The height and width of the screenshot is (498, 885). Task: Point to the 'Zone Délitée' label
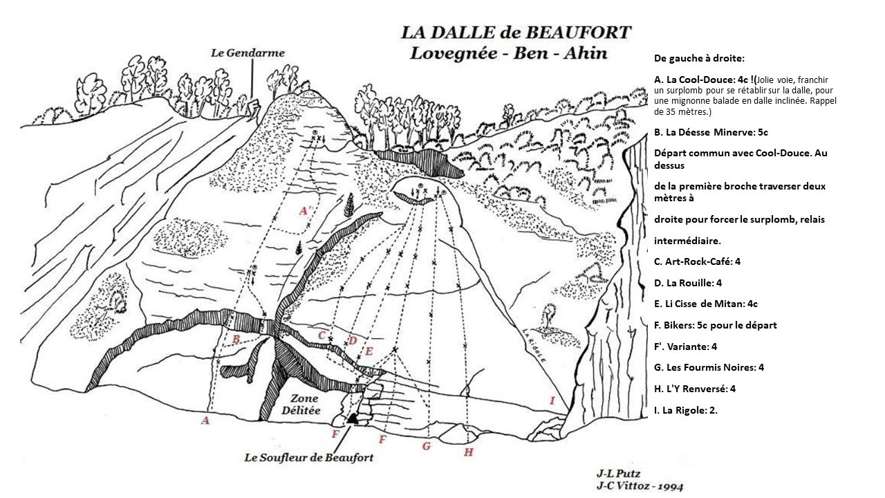click(x=304, y=405)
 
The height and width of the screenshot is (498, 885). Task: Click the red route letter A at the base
click(x=205, y=420)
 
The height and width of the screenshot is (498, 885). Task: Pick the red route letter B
click(x=236, y=339)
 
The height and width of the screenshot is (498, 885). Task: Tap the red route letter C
click(x=322, y=335)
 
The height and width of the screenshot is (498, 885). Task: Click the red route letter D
click(x=352, y=340)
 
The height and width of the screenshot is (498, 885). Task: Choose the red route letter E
click(x=369, y=351)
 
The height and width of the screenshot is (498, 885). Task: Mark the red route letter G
click(x=426, y=446)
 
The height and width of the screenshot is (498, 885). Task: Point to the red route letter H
click(x=468, y=452)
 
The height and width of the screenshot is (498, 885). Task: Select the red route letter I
click(x=552, y=400)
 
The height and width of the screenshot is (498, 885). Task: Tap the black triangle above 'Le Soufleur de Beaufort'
click(x=353, y=418)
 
